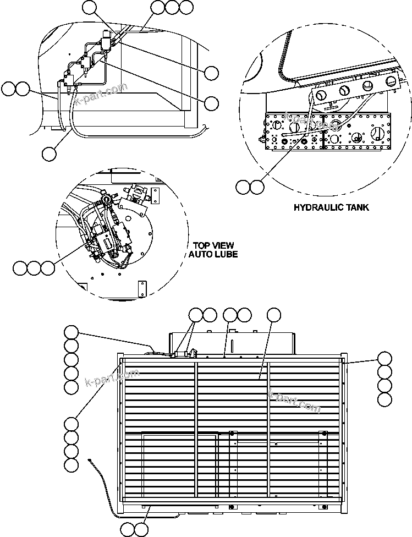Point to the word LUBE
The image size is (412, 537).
pyautogui.click(x=224, y=254)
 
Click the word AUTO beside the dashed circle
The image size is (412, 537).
pyautogui.click(x=200, y=254)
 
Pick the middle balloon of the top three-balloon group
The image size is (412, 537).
pyautogui.click(x=172, y=7)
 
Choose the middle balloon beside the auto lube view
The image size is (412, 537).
pyautogui.click(x=34, y=268)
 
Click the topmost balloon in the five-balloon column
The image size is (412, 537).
pyautogui.click(x=71, y=332)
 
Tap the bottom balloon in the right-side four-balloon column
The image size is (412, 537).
pyautogui.click(x=385, y=398)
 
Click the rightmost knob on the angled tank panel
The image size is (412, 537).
pyautogui.click(x=391, y=81)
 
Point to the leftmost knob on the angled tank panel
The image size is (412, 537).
pyautogui.click(x=344, y=91)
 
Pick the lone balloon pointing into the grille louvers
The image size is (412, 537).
pyautogui.click(x=273, y=315)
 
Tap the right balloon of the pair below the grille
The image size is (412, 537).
pyautogui.click(x=141, y=529)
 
